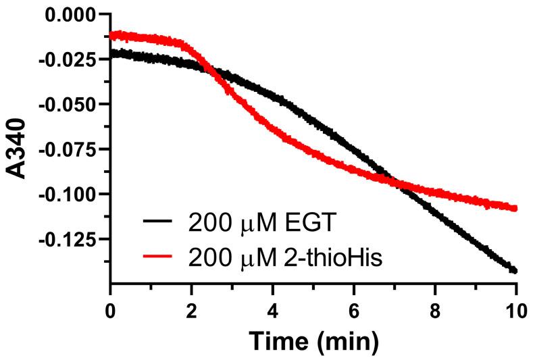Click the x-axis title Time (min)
[313, 340]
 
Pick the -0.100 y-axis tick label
[68, 194]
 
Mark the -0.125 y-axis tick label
[68, 239]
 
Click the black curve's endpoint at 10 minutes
[515, 271]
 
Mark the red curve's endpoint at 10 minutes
[515, 208]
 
